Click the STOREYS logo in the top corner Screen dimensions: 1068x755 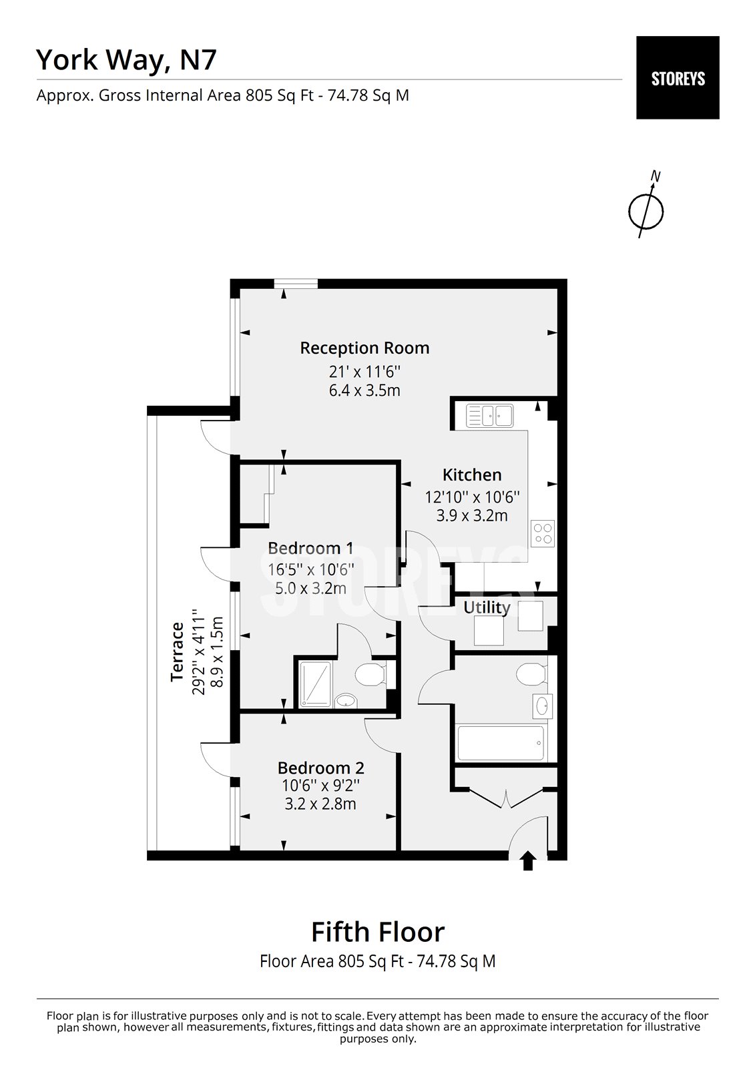pos(678,78)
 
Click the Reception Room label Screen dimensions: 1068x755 pos(364,348)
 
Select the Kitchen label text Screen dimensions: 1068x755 pos(472,475)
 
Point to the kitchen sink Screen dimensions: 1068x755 pos(489,415)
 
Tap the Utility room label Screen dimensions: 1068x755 pos(487,607)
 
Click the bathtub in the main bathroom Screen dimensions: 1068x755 pos(501,742)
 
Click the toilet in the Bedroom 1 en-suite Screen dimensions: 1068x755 pos(369,674)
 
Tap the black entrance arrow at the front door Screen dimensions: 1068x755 pos(527,860)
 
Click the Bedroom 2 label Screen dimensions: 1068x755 pos(321,768)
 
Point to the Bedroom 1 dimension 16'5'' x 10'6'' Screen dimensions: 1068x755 pos(310,569)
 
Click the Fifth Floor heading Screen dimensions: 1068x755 pos(378,931)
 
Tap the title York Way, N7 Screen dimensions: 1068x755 pos(126,59)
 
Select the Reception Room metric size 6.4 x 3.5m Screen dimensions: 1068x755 pos(364,390)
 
